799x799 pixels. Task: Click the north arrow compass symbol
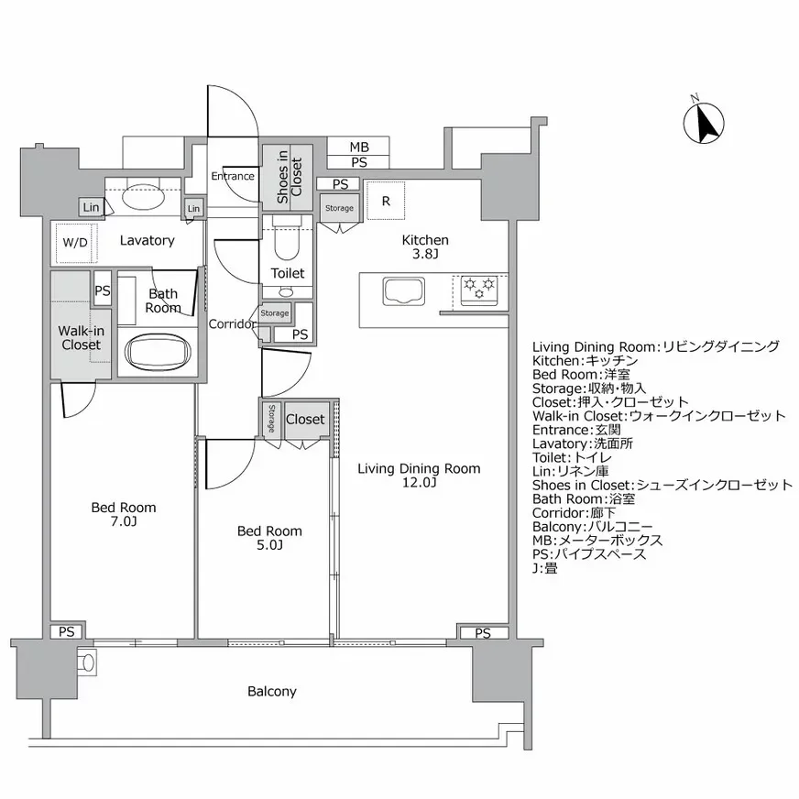705,123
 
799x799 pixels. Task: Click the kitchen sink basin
402,292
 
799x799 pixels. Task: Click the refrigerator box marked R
387,201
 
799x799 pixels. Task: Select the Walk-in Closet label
81,338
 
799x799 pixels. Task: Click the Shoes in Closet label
289,176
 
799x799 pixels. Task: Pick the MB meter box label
359,147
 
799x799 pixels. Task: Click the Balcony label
272,691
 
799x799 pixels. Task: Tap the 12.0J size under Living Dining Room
418,483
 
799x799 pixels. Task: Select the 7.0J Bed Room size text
123,521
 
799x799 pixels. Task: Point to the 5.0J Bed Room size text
268,545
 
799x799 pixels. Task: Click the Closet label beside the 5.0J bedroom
304,419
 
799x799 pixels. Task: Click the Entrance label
233,176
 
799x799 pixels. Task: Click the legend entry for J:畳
544,568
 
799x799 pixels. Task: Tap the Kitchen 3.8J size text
425,255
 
